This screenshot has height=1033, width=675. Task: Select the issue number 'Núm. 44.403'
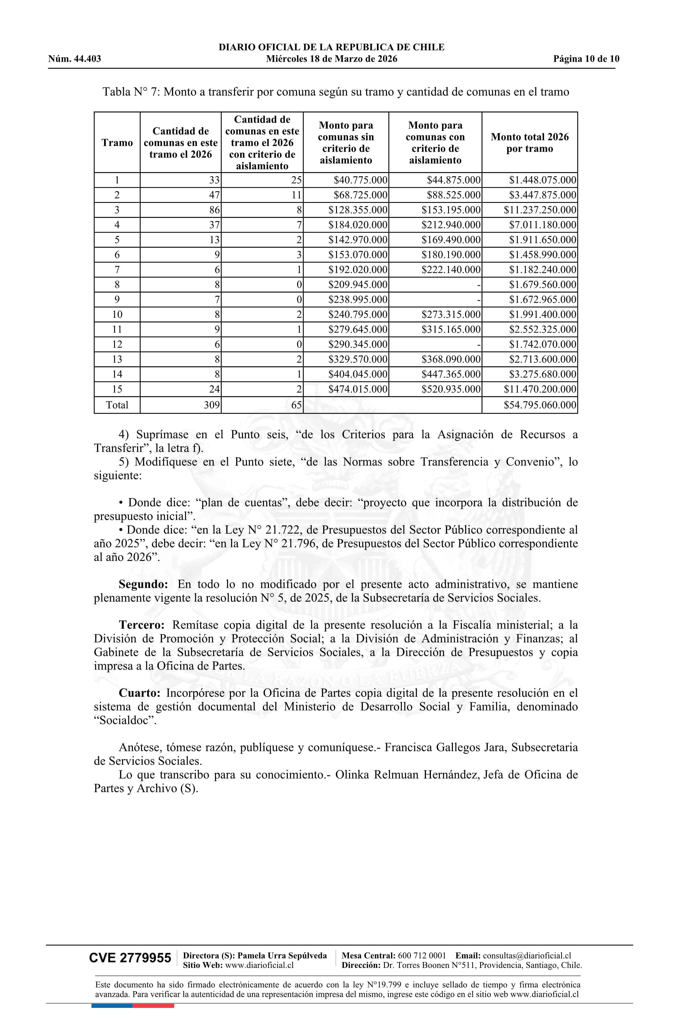click(x=75, y=59)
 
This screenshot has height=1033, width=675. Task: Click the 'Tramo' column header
click(x=117, y=143)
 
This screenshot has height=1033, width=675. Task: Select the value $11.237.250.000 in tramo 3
click(x=540, y=210)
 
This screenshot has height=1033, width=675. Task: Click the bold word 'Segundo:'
click(x=143, y=585)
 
